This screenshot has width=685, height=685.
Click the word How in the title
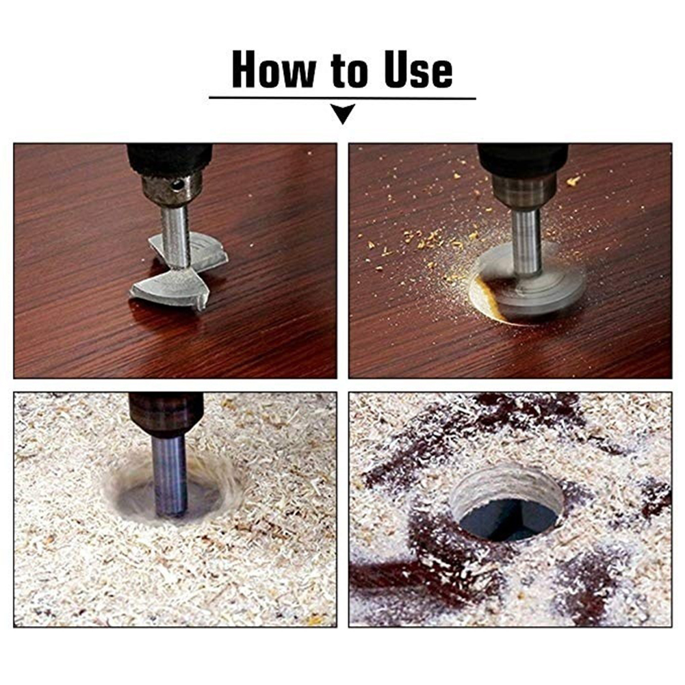(273, 70)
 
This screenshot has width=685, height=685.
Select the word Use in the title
(418, 70)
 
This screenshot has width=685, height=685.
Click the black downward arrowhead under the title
(343, 114)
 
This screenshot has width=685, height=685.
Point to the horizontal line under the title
(342, 99)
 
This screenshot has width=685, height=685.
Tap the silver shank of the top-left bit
(175, 236)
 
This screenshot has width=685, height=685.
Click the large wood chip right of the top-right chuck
(573, 181)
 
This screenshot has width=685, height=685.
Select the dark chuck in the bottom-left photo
(166, 414)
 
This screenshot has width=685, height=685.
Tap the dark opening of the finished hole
(510, 519)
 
